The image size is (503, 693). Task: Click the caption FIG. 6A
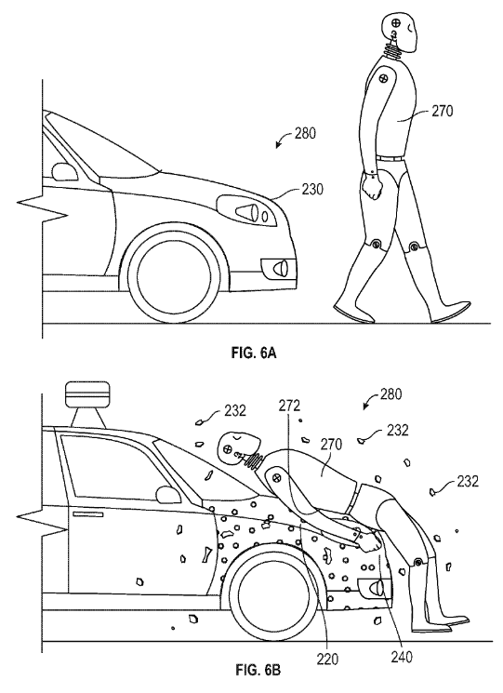[x=254, y=353]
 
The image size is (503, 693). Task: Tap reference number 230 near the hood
[x=312, y=190]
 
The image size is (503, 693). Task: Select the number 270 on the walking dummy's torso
[x=442, y=111]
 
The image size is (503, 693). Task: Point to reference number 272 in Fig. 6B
[x=289, y=406]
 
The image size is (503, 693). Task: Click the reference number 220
[x=327, y=660]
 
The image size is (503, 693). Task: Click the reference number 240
[x=402, y=658]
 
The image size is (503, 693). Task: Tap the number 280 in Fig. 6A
[x=305, y=133]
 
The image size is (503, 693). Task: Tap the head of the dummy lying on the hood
[x=239, y=447]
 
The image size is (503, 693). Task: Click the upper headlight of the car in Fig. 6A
[x=247, y=211]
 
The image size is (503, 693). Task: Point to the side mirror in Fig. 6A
[x=64, y=171]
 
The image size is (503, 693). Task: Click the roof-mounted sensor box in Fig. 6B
[x=86, y=393]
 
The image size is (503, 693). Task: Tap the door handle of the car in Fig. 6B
[x=88, y=514]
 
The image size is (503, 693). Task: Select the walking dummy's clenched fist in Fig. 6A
[x=372, y=189]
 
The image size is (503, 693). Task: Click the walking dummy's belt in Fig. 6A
[x=390, y=157]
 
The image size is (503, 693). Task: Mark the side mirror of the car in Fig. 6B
[x=168, y=495]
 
